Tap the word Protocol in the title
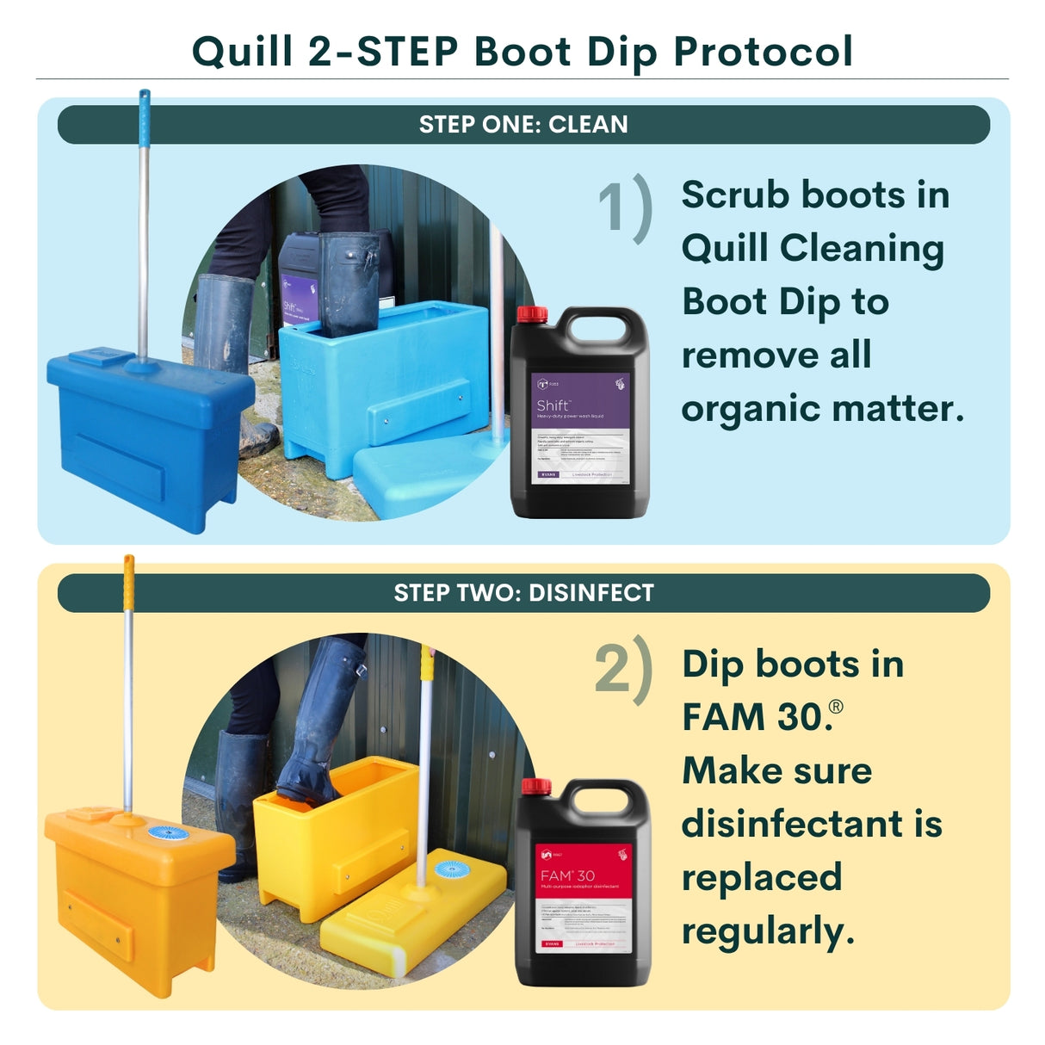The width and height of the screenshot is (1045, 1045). tap(763, 52)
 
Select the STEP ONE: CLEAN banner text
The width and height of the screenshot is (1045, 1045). tap(523, 125)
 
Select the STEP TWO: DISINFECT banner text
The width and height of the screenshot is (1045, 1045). tap(523, 593)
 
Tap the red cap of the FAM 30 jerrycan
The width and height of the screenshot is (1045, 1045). tap(536, 787)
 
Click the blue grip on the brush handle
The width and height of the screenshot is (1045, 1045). tap(145, 108)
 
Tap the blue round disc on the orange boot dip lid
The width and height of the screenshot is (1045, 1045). tap(168, 833)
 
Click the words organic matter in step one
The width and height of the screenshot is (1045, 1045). tap(821, 409)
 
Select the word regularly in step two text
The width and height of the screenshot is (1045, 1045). tap(768, 931)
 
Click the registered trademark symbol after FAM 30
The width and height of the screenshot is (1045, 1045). tap(835, 707)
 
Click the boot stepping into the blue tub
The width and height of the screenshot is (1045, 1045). tap(349, 284)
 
